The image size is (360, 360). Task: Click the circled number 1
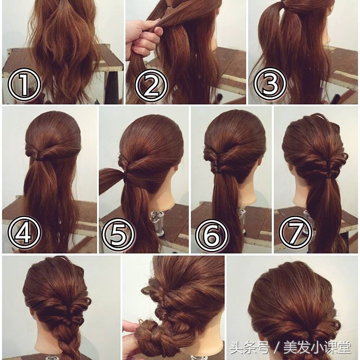coord(24,84)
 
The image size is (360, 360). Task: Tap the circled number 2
coord(151,85)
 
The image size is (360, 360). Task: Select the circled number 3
coord(270,84)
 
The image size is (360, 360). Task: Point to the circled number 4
coord(24,232)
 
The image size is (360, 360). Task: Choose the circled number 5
coord(119,234)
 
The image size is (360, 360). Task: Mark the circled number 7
coord(295,233)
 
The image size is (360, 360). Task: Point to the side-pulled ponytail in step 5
coord(112,179)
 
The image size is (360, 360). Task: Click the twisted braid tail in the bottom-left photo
coord(68,344)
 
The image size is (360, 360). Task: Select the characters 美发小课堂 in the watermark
coord(317,348)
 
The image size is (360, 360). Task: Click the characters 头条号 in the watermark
coord(250,348)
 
